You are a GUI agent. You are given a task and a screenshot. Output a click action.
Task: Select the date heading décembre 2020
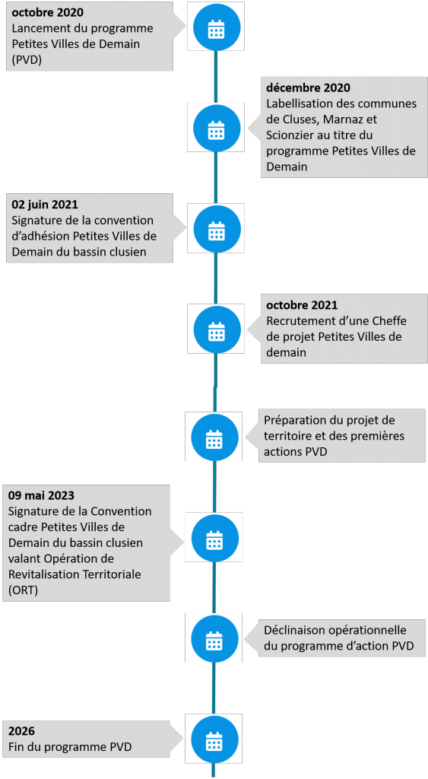309,88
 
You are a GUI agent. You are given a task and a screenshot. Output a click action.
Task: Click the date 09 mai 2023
43,495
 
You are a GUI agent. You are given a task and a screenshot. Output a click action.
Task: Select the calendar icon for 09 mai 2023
214,539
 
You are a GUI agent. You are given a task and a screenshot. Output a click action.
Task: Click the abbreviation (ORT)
22,590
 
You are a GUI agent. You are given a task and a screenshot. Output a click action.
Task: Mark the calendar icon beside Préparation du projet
214,437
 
